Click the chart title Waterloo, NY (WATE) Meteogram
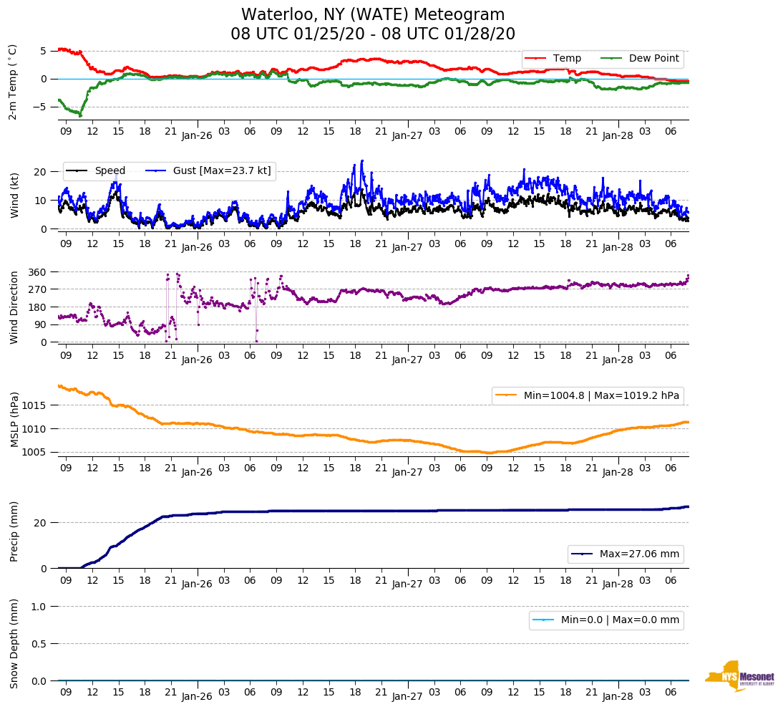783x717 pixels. coord(373,15)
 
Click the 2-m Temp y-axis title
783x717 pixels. coord(13,82)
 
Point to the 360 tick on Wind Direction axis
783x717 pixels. coord(37,272)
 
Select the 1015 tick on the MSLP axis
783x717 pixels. coord(34,405)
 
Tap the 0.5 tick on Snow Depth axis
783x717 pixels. coord(38,644)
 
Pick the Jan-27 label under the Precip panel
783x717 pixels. coord(407,584)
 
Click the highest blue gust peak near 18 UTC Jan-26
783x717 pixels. coord(362,161)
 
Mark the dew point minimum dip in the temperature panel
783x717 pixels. coord(80,115)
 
